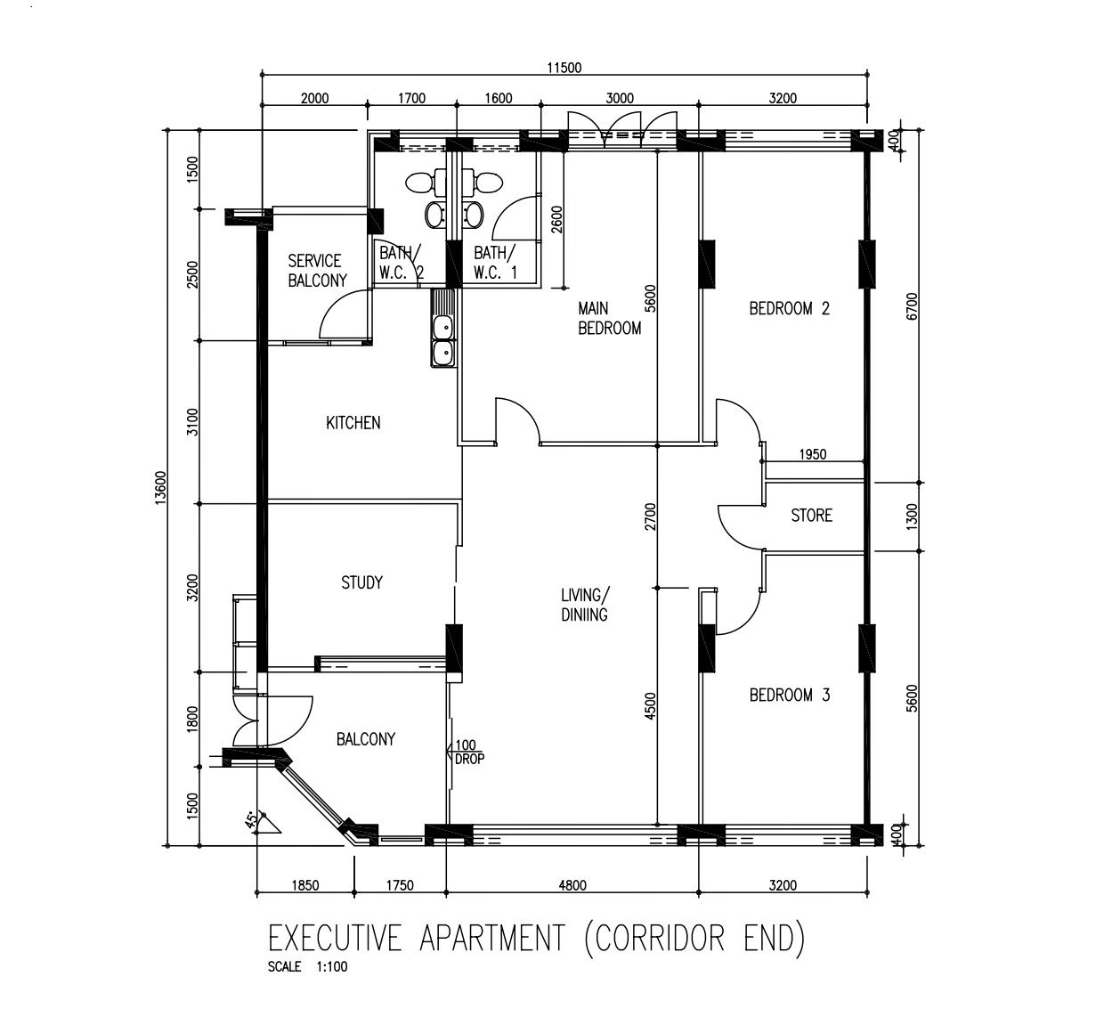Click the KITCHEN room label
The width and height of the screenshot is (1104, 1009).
click(353, 422)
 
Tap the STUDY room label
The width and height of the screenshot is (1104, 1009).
click(361, 582)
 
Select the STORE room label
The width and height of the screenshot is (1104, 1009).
click(812, 515)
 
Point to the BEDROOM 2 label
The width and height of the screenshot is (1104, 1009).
click(789, 308)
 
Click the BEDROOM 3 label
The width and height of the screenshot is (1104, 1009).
click(789, 695)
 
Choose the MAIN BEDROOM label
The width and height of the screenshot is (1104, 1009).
click(609, 318)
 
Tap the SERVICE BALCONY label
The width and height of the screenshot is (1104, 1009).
click(318, 271)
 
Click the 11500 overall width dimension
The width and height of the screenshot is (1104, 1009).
click(564, 68)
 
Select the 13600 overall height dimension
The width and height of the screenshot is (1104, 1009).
click(160, 487)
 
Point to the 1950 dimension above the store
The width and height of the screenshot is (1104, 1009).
click(813, 454)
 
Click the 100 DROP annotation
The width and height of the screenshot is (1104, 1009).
click(469, 753)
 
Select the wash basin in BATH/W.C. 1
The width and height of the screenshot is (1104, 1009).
click(473, 215)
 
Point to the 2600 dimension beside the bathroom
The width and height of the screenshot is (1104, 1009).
click(557, 220)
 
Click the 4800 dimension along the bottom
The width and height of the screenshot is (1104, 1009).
click(572, 885)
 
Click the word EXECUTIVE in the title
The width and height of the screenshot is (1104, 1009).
click(335, 938)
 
